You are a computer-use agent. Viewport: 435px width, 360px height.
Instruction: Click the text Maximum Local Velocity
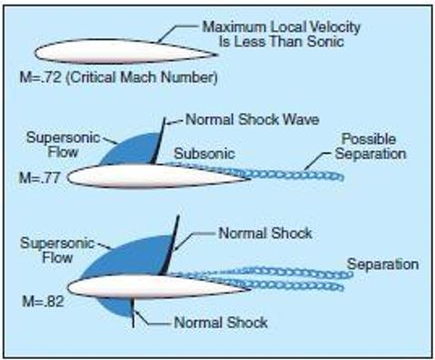282,28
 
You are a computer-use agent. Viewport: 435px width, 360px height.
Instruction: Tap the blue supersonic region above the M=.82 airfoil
127,255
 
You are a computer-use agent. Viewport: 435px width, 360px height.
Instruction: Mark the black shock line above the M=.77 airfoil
158,141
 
